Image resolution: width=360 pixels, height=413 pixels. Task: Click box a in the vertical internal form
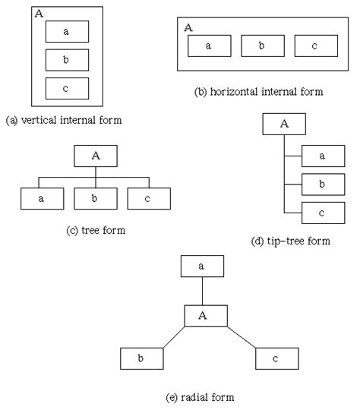pos(66,31)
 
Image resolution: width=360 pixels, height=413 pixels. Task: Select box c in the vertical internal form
pos(66,89)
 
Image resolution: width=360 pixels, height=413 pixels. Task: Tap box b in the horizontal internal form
pos(262,46)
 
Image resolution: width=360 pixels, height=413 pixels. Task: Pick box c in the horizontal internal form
pos(315,46)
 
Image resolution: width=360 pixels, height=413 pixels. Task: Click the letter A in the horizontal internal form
pos(188,27)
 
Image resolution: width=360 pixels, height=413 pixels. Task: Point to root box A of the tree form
pos(96,156)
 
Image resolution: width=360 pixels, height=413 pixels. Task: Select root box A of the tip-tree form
pos(284,125)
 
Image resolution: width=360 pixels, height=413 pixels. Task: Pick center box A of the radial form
pos(204,315)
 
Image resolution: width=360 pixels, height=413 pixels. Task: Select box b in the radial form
pos(141,358)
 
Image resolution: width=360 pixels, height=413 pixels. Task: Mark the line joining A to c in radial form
pos(243,339)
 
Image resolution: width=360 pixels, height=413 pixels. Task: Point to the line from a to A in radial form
pos(203,290)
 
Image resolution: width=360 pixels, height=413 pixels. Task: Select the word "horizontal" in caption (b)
pos(239,93)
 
